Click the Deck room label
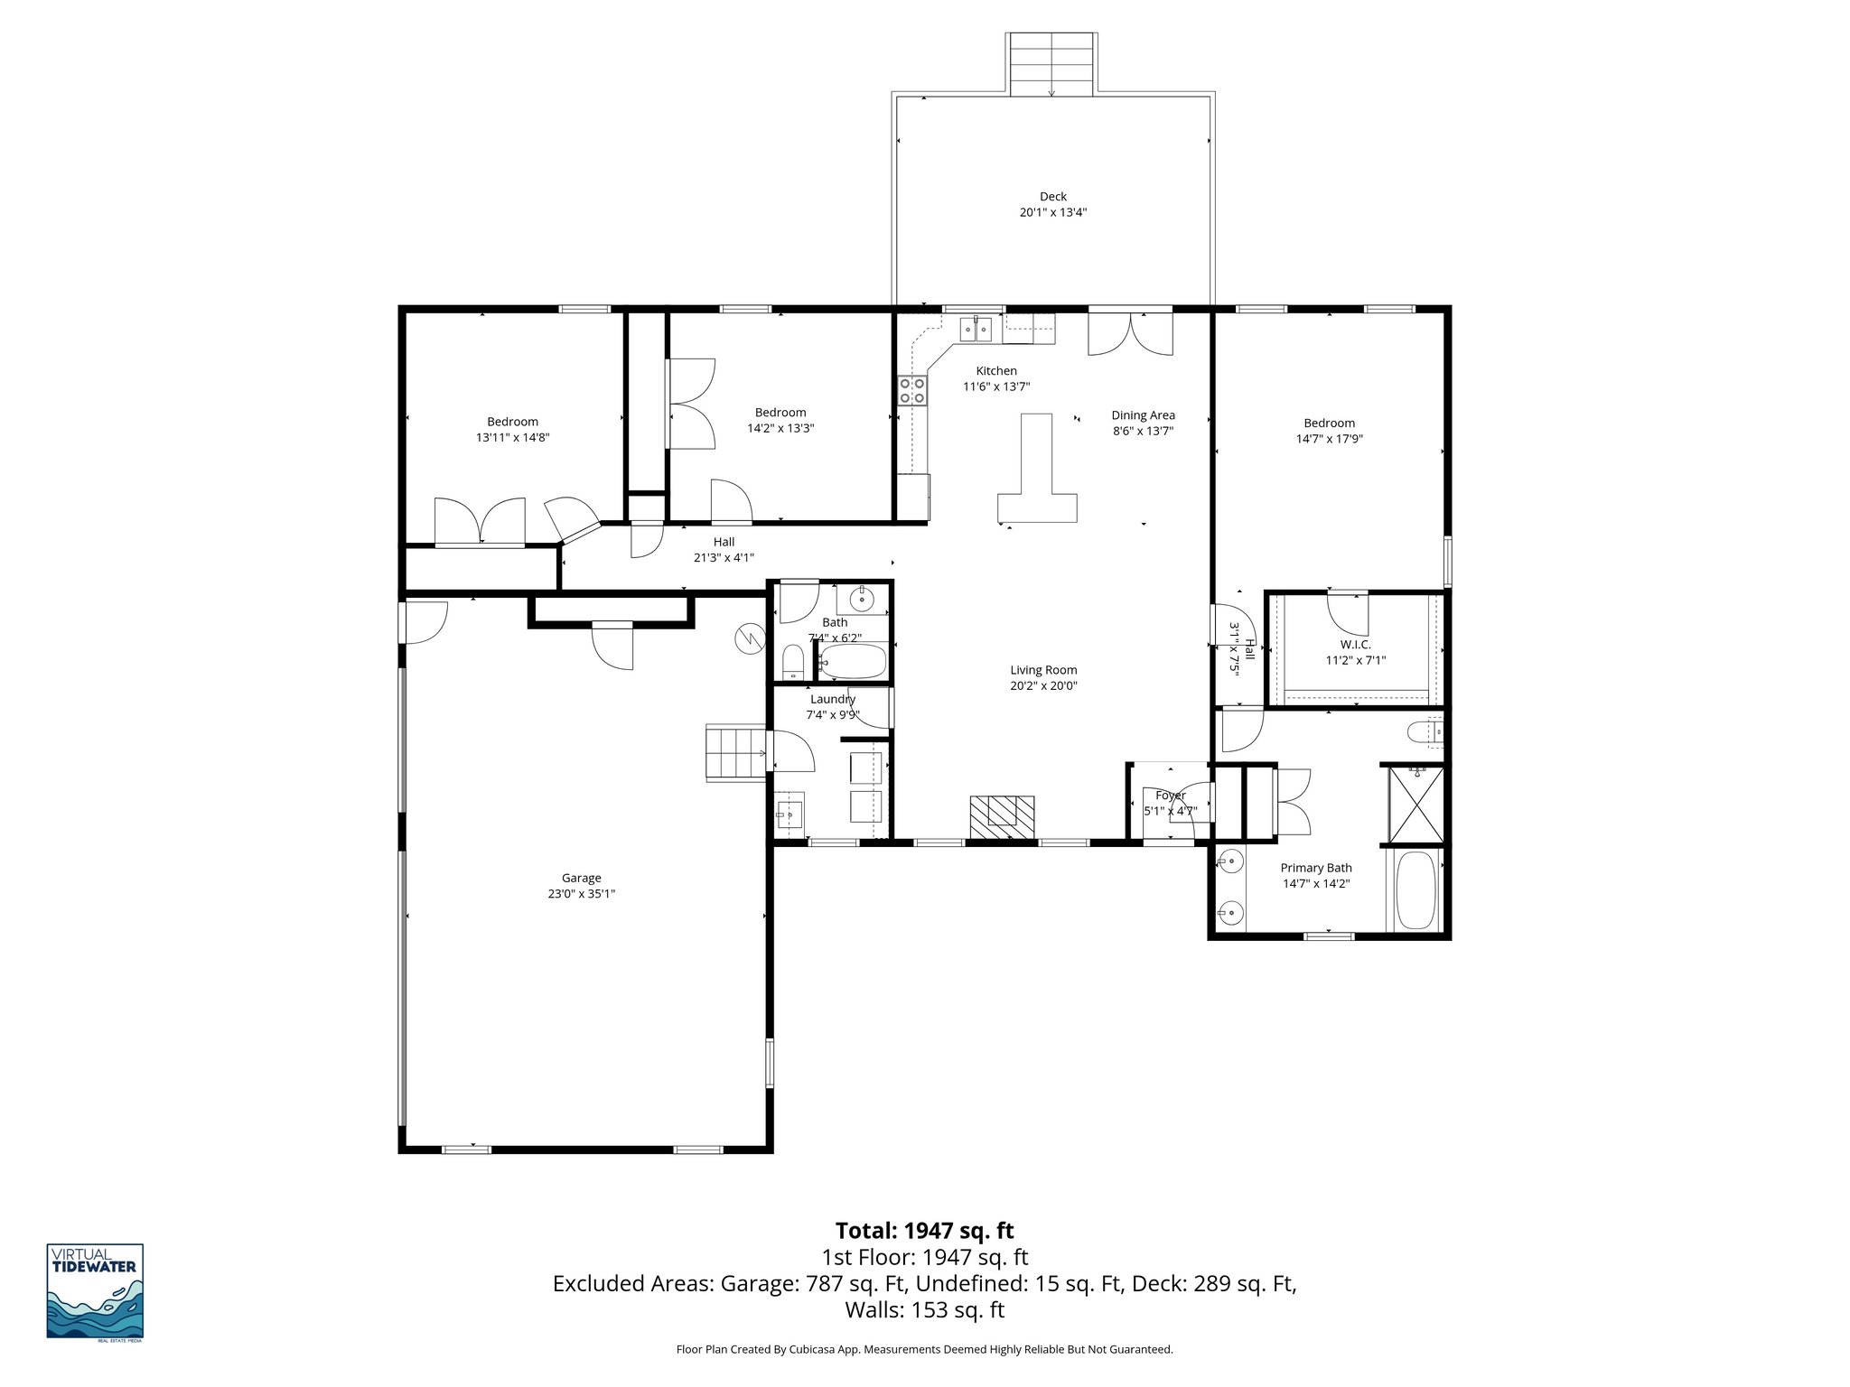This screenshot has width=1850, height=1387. tap(1052, 196)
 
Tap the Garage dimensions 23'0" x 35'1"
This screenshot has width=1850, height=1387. tap(582, 894)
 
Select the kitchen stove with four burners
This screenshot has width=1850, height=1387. tap(911, 390)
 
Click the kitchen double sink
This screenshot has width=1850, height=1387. tap(976, 329)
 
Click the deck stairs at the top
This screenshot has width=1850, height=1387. tap(1052, 64)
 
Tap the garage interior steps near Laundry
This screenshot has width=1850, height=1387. tap(735, 752)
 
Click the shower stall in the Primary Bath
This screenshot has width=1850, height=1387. tap(1416, 806)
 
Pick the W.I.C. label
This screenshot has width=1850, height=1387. tap(1355, 644)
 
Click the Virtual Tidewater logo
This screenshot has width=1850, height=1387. tap(95, 1291)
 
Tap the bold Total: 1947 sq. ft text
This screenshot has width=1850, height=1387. tap(924, 1231)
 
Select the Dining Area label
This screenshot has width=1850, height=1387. tap(1143, 415)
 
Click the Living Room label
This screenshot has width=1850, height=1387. tap(1043, 670)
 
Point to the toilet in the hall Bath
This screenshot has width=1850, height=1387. tap(792, 663)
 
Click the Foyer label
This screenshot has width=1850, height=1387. tap(1170, 796)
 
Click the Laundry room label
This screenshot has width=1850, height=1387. tap(832, 699)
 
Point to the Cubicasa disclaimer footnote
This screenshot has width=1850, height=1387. tap(924, 1349)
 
